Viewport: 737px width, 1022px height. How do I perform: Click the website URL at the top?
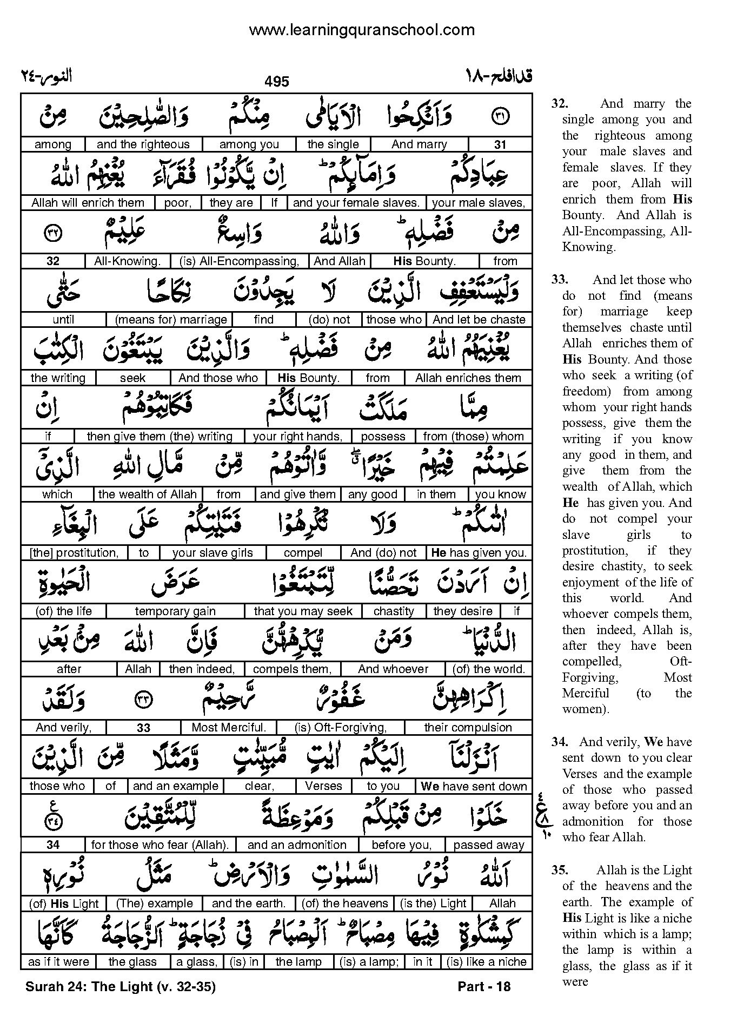[x=362, y=30]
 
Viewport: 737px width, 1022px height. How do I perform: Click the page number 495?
[x=277, y=82]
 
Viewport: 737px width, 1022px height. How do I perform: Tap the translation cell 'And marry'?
[x=419, y=144]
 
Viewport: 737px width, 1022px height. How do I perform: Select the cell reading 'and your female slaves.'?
[x=356, y=203]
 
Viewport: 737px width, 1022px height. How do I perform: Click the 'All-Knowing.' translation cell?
[x=128, y=261]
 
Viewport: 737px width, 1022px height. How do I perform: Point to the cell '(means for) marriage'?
[x=171, y=320]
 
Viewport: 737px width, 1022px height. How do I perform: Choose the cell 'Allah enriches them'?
[x=468, y=378]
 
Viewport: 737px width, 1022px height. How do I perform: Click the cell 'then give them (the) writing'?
[x=160, y=437]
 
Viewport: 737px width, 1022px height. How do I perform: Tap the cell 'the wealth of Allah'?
[x=148, y=494]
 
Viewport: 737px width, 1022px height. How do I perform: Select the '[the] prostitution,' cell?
[x=74, y=553]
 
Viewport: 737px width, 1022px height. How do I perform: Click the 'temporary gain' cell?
[x=175, y=611]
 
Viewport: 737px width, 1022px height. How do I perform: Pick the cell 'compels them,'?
[x=291, y=669]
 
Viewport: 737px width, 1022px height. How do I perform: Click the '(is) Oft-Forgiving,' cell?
[x=341, y=728]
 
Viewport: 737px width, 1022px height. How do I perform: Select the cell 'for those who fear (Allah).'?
[x=160, y=845]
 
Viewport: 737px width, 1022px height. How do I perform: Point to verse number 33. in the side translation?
[x=560, y=280]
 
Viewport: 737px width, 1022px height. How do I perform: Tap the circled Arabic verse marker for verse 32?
[x=53, y=233]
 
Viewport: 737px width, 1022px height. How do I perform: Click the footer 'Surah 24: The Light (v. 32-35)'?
[x=121, y=987]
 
